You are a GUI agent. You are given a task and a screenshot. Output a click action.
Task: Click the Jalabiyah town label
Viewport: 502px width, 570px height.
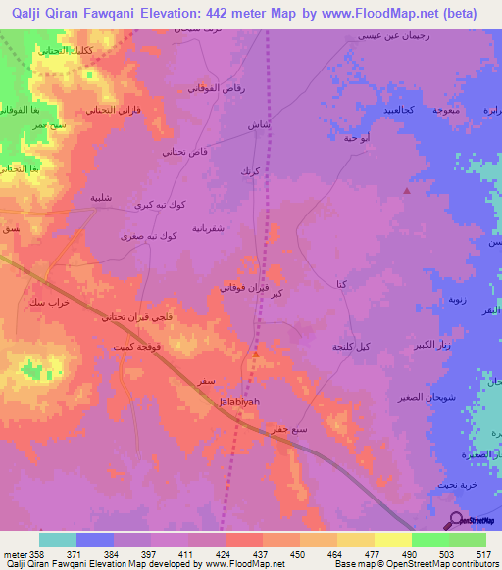pyautogui.click(x=236, y=400)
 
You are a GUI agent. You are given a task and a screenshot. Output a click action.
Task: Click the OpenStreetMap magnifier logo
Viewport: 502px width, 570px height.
pyautogui.click(x=455, y=520)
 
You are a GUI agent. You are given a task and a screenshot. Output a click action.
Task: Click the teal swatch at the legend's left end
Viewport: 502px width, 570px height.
pyautogui.click(x=58, y=540)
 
